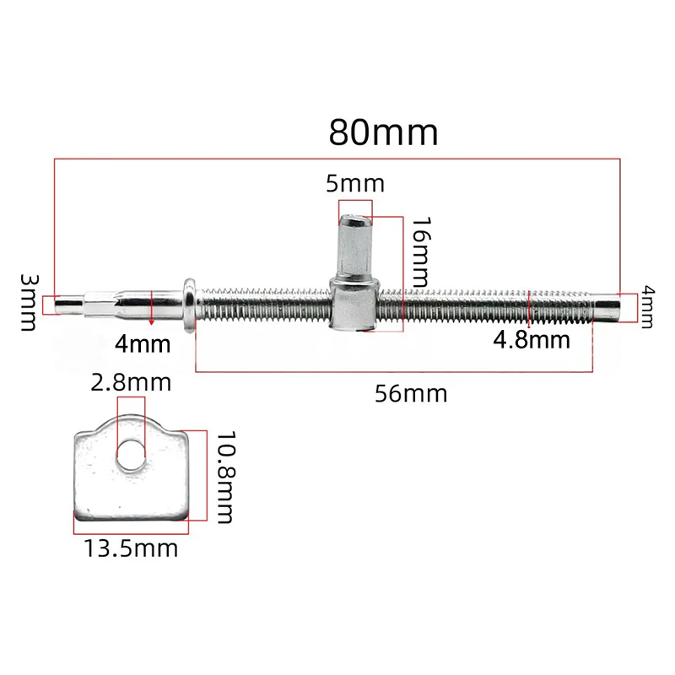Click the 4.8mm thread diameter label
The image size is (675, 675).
coord(530,340)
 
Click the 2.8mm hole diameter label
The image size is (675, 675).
coord(132,382)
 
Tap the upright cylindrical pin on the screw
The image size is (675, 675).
coord(356,250)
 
